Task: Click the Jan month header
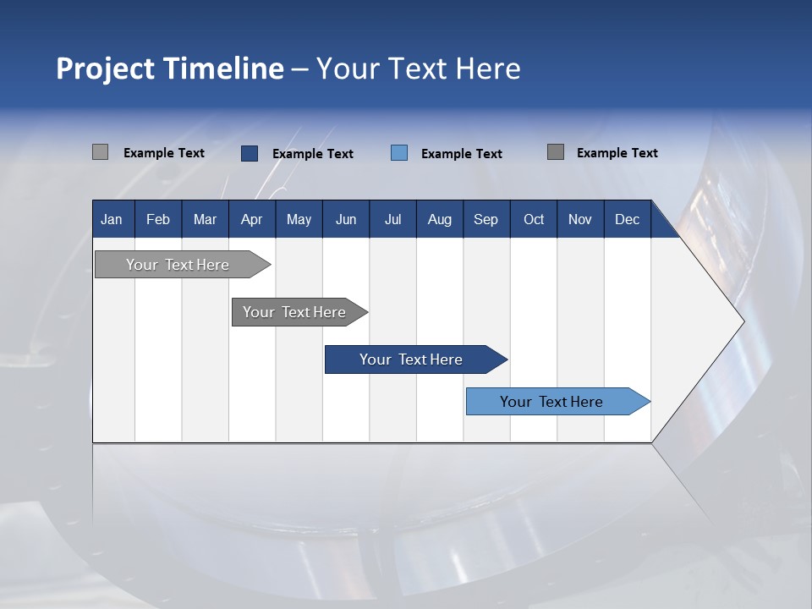[112, 219]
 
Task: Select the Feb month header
[158, 219]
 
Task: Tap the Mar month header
[205, 219]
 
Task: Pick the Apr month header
[252, 219]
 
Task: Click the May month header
[299, 219]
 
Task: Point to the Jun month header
[346, 219]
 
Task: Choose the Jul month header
[392, 219]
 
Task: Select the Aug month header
[440, 219]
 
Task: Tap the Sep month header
[486, 219]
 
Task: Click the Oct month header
[534, 219]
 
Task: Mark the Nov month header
[580, 219]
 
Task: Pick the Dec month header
[628, 219]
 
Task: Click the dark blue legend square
[250, 153]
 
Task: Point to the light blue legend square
[399, 153]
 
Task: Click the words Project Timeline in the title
[170, 69]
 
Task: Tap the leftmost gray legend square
[101, 152]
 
